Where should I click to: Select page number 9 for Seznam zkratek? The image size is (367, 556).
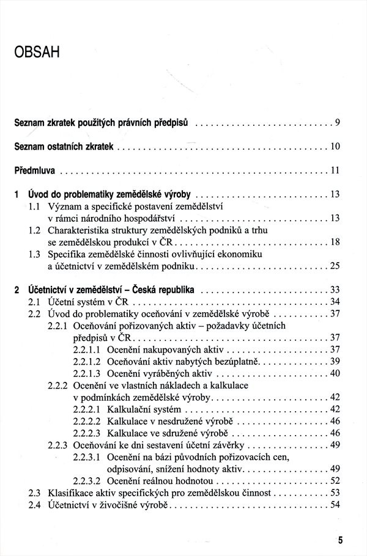pos(337,123)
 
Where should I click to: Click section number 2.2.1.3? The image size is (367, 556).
pos(87,373)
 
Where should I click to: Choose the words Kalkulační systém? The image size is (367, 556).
pos(143,409)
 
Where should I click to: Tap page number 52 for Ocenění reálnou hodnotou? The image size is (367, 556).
pos(334,480)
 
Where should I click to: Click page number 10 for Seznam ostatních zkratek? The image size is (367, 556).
pos(335,147)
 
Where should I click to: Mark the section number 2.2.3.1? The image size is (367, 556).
pos(87,456)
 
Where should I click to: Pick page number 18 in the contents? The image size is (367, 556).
pos(335,242)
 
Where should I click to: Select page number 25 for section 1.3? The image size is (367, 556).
pos(334,266)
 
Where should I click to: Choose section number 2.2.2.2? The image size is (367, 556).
pos(87,421)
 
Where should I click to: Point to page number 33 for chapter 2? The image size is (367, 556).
pos(334,290)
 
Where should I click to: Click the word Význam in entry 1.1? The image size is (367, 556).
pos(65,207)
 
